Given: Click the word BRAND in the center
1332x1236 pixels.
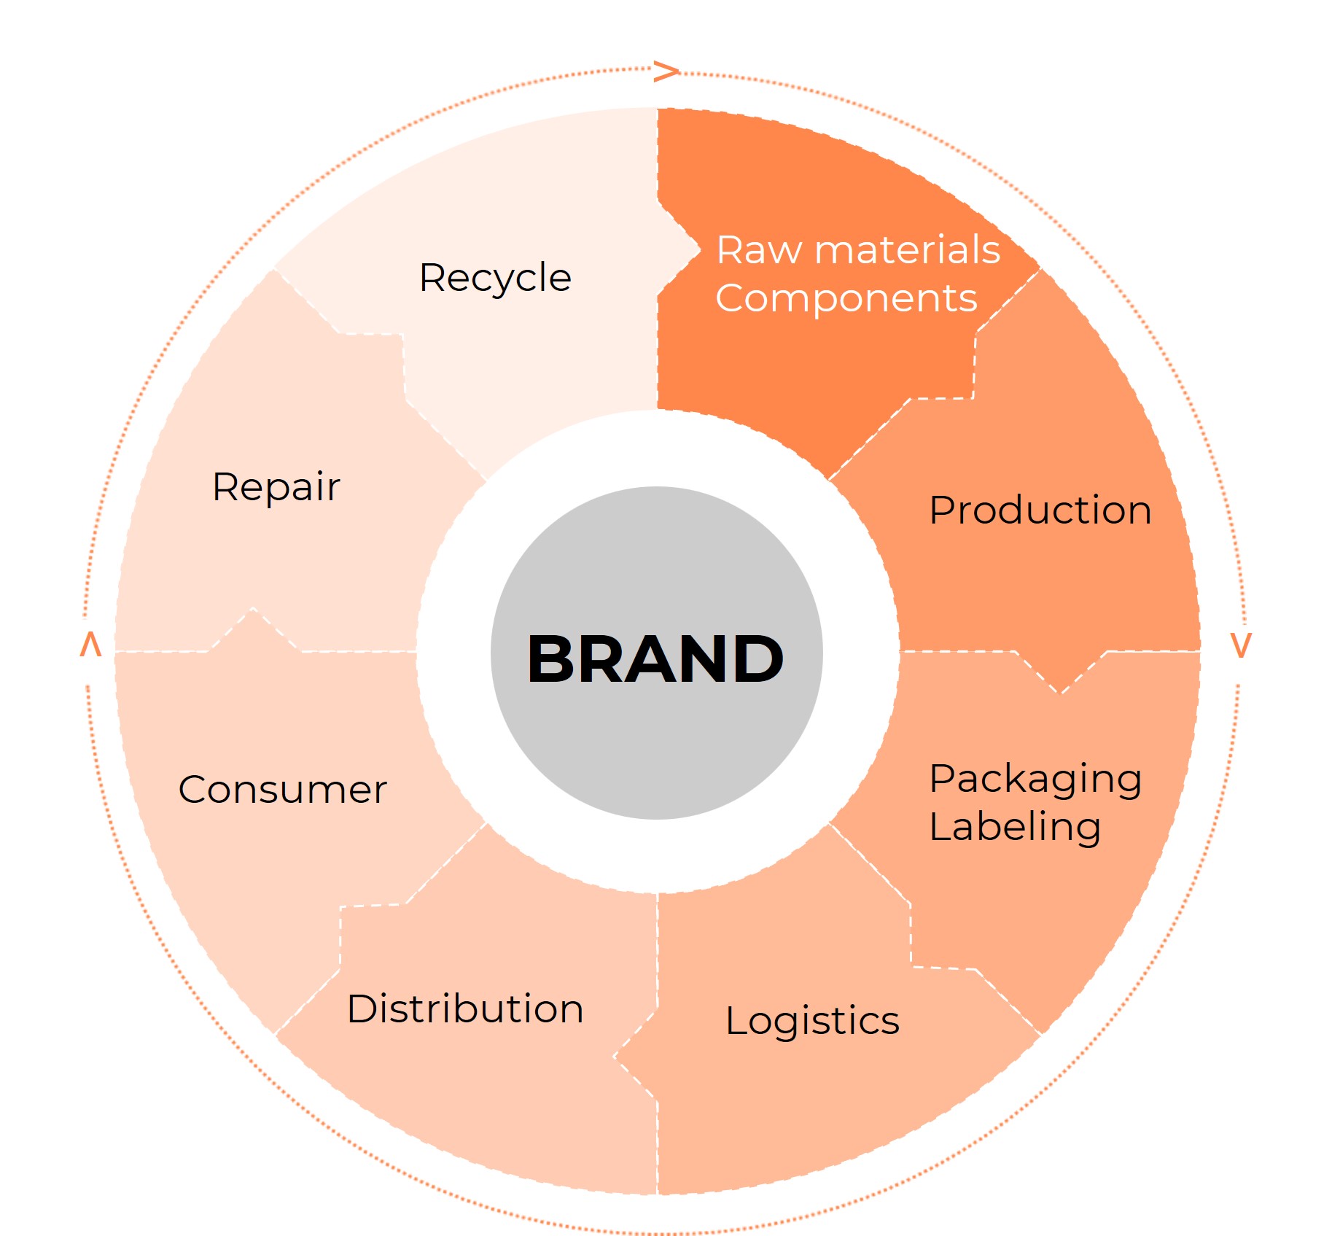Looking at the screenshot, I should click(655, 659).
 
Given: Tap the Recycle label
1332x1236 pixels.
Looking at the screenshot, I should click(495, 278).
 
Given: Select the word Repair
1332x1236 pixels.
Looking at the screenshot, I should click(276, 487).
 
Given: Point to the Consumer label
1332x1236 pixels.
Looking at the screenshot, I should click(282, 790).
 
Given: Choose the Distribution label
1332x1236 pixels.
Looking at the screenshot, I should click(465, 1009).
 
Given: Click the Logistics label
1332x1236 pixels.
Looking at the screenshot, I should click(812, 1021).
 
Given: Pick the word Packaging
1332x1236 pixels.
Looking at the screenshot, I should click(1035, 780).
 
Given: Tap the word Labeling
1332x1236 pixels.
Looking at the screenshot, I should click(1015, 828).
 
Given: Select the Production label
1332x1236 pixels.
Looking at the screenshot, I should click(1040, 510).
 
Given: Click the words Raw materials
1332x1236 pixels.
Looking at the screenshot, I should click(858, 250).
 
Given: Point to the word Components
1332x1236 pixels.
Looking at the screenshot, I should click(846, 298).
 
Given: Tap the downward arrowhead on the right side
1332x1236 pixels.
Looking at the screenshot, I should click(1241, 645).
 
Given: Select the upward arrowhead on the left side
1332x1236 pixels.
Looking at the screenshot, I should click(90, 645).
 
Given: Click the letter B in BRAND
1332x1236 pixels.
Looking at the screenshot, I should click(552, 659).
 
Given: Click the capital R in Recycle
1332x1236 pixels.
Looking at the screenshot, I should click(432, 278).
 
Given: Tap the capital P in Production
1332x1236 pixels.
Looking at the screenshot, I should click(943, 510).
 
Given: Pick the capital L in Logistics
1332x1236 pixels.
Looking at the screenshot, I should click(737, 1019).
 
